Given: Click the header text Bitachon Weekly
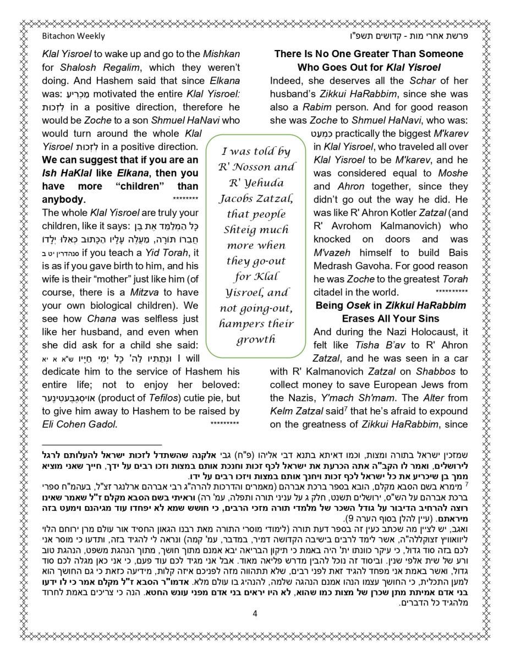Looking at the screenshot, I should tap(73, 36).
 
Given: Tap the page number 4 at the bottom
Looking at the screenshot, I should tap(255, 614).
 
